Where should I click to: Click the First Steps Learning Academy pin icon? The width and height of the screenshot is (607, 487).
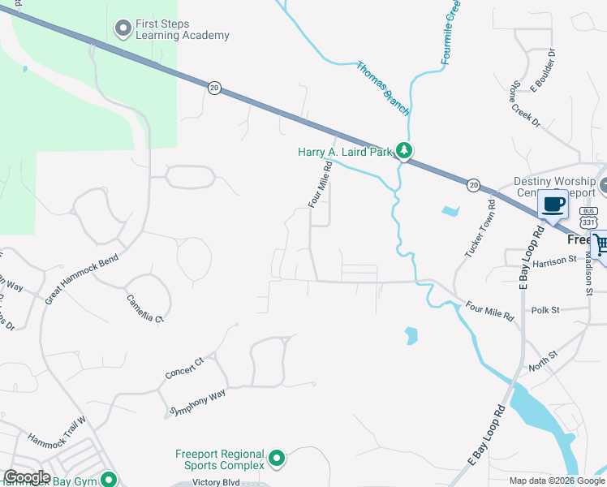point(123,29)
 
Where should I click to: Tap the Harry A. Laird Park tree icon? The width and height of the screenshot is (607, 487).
point(403,151)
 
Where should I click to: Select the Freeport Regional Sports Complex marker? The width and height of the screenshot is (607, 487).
point(277,459)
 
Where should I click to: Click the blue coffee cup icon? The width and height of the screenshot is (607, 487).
point(554,205)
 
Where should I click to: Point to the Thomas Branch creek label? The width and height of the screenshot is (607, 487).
point(383,88)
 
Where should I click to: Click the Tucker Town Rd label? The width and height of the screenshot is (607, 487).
point(480,230)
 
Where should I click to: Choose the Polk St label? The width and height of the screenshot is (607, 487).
point(545,310)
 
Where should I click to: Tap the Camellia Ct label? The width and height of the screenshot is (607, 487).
point(144,308)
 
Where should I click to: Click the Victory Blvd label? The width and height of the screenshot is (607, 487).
point(218,481)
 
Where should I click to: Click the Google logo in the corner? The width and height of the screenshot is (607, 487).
point(27,477)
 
